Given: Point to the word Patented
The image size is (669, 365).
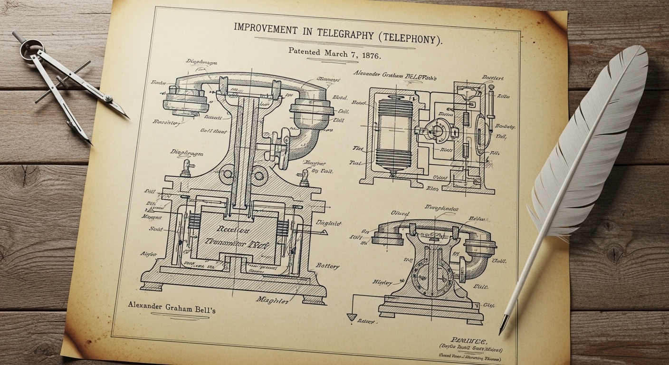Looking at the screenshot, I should point(304,51).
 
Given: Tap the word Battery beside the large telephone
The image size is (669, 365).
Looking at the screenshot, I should point(327,266).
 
